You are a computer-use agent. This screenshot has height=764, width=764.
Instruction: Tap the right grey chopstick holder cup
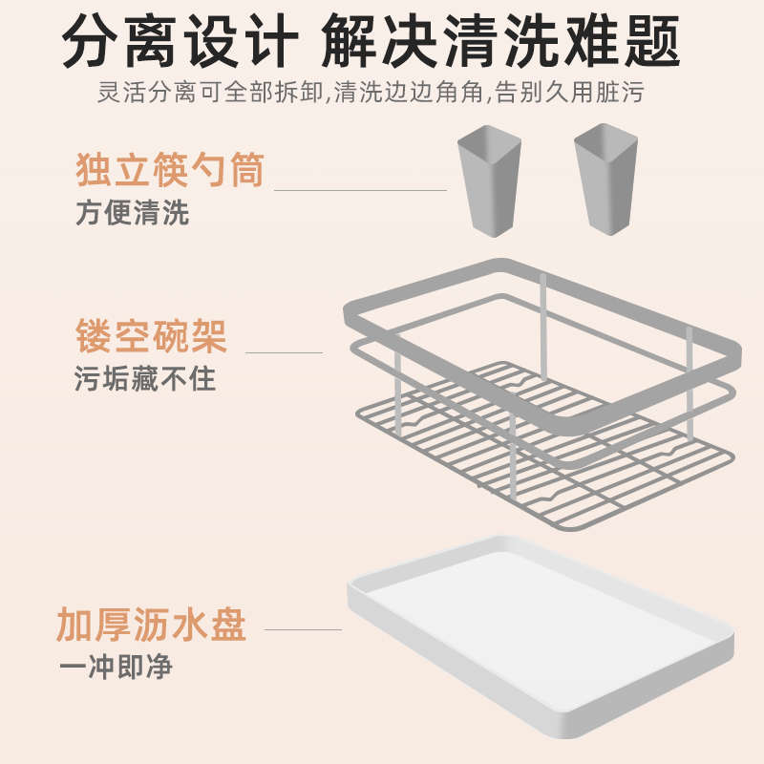coord(605,181)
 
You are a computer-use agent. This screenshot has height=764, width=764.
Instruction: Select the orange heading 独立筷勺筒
coord(169,172)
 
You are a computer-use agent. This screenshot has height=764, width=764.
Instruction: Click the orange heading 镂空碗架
coord(151,337)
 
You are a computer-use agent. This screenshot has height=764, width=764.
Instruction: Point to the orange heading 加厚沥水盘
coord(152,625)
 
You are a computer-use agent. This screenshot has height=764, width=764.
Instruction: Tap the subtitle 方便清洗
coord(132,212)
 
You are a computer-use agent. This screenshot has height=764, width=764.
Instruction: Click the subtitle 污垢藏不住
coord(145,378)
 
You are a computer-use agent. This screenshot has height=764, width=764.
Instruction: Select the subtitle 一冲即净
coord(115,667)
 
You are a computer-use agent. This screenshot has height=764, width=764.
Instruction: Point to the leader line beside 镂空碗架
coord(284,353)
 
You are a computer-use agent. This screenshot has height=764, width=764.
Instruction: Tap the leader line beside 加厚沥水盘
coord(303,629)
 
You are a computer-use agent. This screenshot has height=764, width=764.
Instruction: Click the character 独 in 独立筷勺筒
coord(94,172)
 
